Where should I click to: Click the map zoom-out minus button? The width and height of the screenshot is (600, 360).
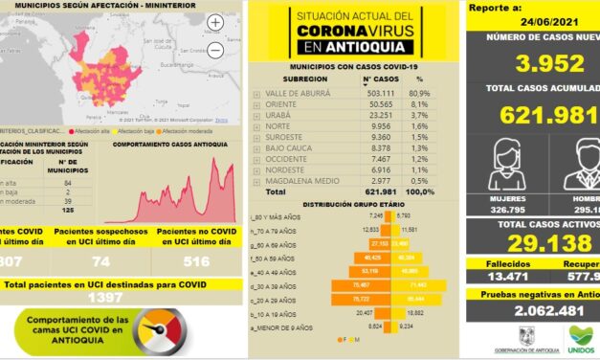215,46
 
